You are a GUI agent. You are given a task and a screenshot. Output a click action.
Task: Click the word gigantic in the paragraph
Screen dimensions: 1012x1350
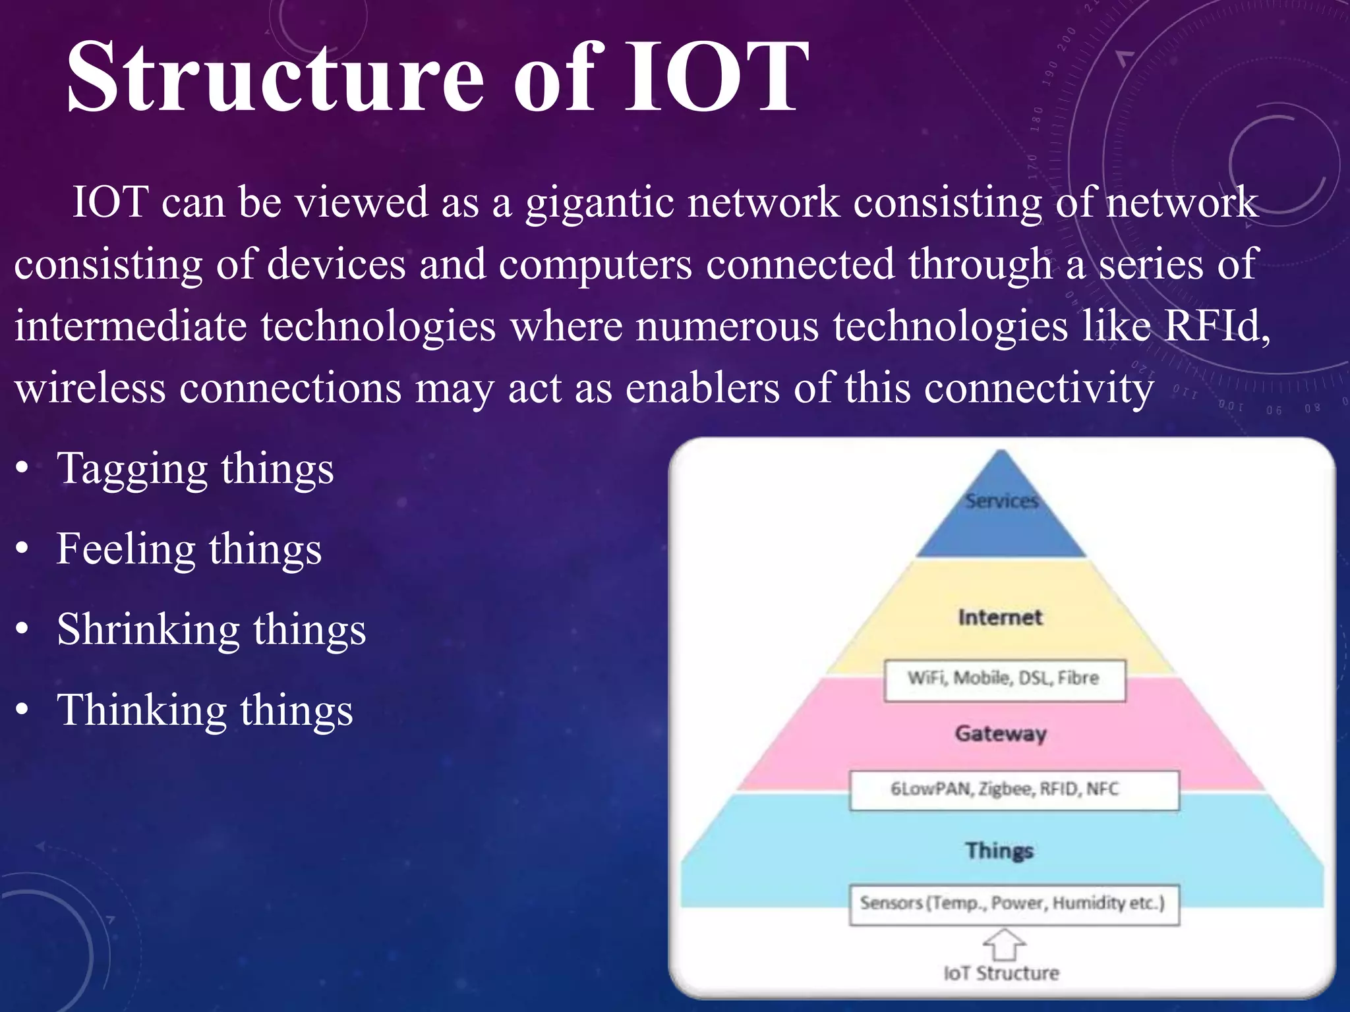coord(599,202)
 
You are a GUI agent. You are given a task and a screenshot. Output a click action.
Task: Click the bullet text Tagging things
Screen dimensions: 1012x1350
coord(195,470)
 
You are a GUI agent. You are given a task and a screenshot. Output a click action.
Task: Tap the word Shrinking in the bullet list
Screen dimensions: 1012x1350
coord(148,629)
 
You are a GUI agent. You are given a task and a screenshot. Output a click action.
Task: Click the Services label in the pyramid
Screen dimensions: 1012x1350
coord(1001,501)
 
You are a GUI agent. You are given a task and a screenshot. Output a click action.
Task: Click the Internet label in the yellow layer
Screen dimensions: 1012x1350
coord(1000,617)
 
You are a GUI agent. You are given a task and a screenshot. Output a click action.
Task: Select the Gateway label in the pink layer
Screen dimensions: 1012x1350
coord(1001,733)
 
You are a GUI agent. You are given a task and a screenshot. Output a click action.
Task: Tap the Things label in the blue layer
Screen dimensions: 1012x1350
coord(999,850)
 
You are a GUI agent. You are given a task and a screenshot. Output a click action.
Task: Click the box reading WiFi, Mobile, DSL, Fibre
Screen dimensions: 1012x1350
coord(1004,679)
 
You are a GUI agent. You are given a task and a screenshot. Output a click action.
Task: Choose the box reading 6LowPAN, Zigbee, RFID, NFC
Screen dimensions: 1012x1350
coord(1013,789)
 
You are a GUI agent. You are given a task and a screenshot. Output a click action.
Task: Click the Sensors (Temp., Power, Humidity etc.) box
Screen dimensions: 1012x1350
coord(1013,903)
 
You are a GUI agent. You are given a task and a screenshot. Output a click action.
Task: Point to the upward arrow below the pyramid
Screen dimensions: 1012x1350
coord(1004,944)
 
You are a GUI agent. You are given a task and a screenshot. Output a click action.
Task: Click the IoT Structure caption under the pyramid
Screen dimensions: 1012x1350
coord(1001,973)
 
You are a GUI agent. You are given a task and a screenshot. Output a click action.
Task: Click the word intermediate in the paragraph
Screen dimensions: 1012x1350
coord(131,326)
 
